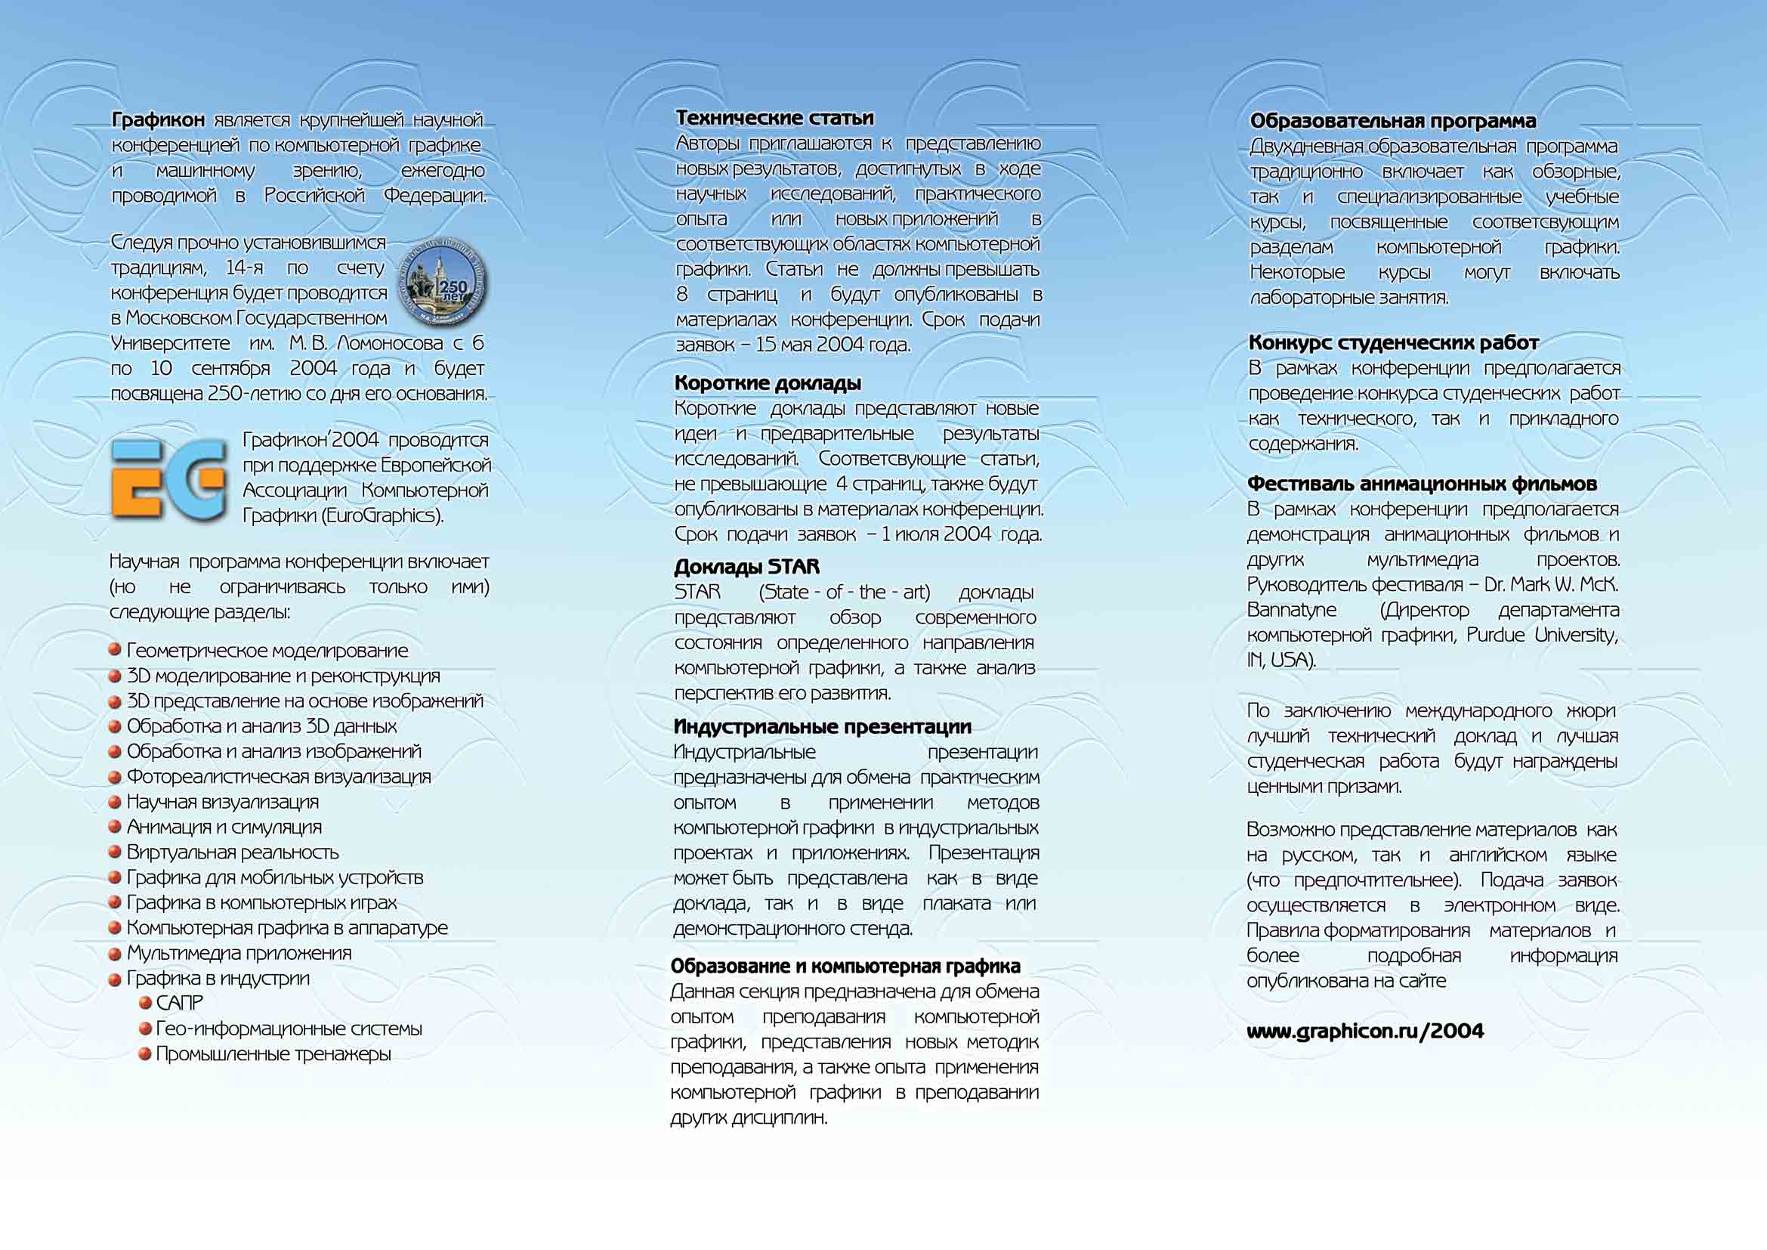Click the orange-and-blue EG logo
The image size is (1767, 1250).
click(168, 478)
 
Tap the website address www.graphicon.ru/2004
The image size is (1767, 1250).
click(1364, 1032)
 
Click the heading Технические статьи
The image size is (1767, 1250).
click(774, 118)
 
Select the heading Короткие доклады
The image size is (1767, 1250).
click(768, 382)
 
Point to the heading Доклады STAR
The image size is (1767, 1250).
click(746, 567)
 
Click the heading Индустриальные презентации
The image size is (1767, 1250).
click(822, 726)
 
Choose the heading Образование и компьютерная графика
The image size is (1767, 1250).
click(845, 966)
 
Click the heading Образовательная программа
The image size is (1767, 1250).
click(1392, 121)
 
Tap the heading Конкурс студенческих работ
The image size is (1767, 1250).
click(1393, 342)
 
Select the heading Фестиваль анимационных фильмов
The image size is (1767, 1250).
click(1422, 484)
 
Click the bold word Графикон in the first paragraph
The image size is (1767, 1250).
click(159, 120)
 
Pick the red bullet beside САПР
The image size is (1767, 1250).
click(145, 1003)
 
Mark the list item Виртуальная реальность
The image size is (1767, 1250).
click(233, 852)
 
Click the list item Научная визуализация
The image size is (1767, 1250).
click(222, 802)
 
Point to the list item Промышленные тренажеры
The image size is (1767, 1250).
click(273, 1054)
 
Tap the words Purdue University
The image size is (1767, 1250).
click(1542, 635)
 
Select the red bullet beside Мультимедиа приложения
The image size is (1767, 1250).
click(115, 954)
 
